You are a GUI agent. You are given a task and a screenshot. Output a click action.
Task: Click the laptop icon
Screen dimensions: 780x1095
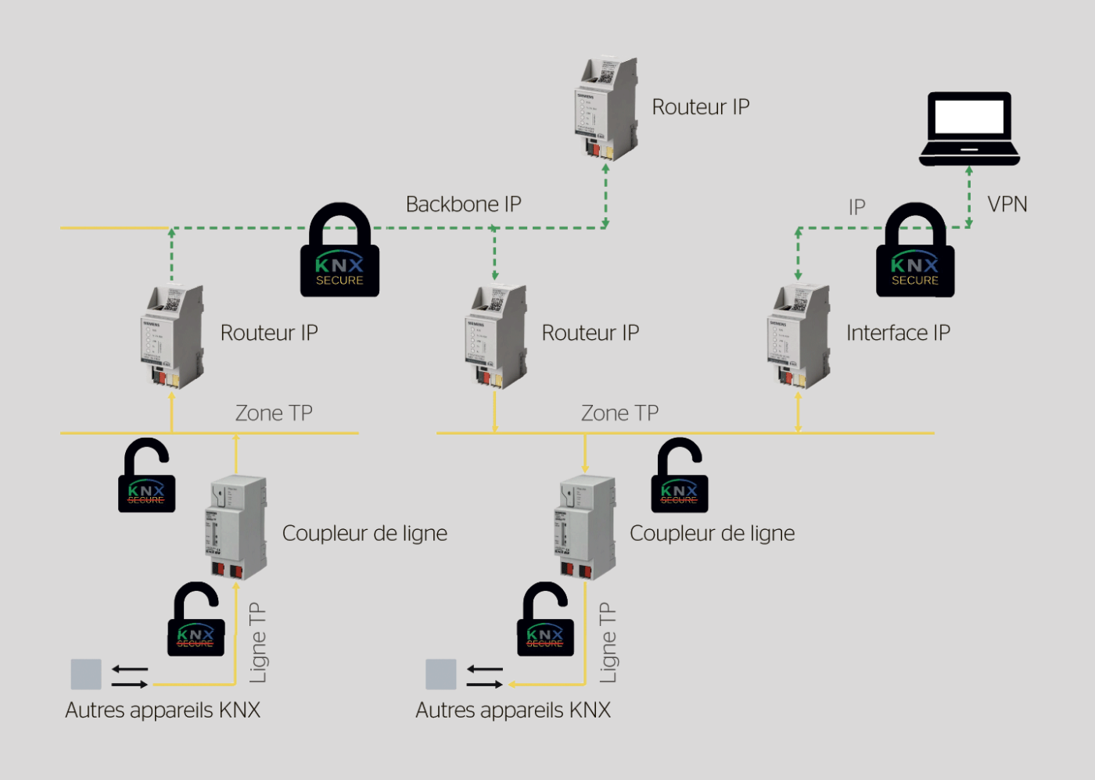click(969, 129)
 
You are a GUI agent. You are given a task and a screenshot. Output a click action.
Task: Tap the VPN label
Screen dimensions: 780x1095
click(1007, 205)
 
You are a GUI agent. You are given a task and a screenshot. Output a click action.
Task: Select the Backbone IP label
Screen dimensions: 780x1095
click(463, 205)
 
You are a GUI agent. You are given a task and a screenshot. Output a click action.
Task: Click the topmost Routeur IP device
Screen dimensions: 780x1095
click(606, 109)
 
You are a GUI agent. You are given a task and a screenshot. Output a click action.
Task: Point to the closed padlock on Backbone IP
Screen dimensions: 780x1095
click(339, 252)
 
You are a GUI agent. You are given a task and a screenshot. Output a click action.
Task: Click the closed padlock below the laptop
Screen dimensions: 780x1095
click(915, 252)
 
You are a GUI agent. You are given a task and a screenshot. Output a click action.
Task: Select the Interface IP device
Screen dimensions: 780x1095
click(798, 336)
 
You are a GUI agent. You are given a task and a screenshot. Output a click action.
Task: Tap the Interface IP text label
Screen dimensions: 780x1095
click(898, 333)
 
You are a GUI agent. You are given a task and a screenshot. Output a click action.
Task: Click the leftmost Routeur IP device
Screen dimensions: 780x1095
click(172, 336)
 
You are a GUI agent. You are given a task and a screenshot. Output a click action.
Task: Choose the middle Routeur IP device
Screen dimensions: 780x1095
click(495, 336)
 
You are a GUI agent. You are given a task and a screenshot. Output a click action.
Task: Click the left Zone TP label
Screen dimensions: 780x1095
click(274, 413)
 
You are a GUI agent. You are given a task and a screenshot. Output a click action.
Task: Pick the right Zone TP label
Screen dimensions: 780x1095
click(619, 413)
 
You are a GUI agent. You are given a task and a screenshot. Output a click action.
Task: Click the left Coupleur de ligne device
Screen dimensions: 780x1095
click(236, 528)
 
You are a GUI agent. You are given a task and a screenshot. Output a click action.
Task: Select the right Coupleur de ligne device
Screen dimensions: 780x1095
click(586, 528)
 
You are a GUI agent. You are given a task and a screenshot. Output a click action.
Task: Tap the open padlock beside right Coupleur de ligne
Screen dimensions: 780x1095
click(679, 477)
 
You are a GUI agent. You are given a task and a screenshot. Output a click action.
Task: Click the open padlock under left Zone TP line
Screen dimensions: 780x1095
click(146, 477)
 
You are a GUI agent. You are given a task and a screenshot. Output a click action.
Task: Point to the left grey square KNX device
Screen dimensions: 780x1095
click(86, 674)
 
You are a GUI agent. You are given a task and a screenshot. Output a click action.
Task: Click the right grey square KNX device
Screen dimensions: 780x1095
click(441, 674)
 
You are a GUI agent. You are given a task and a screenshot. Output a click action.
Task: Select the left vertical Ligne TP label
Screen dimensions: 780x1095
click(257, 642)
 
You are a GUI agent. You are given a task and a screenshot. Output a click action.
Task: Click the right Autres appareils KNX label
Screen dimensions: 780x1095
click(513, 710)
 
